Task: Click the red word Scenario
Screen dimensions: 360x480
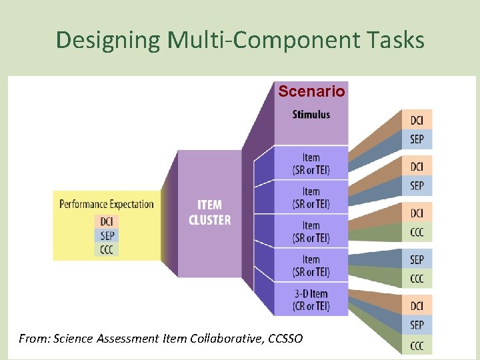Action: (x=311, y=91)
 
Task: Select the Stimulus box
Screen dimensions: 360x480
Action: (x=311, y=115)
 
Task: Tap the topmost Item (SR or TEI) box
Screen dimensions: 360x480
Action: (x=311, y=163)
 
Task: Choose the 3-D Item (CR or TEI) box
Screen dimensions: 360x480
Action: (x=311, y=300)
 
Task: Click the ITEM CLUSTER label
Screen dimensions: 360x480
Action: (x=209, y=212)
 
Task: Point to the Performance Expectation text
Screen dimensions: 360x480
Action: (x=107, y=204)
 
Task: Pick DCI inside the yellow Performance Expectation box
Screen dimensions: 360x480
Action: (x=107, y=221)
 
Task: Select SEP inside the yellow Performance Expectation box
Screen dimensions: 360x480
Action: (x=107, y=235)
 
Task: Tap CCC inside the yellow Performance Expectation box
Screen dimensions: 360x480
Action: (x=107, y=250)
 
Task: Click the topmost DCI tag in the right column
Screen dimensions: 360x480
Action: (x=417, y=120)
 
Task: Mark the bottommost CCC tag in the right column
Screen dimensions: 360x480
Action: (x=417, y=345)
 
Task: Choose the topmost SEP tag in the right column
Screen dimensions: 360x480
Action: (x=417, y=139)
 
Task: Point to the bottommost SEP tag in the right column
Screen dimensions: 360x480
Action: (x=417, y=325)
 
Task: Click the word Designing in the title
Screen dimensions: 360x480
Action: (x=107, y=41)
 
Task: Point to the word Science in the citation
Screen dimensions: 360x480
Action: (x=72, y=339)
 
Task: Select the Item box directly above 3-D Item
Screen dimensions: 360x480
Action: (x=311, y=265)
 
